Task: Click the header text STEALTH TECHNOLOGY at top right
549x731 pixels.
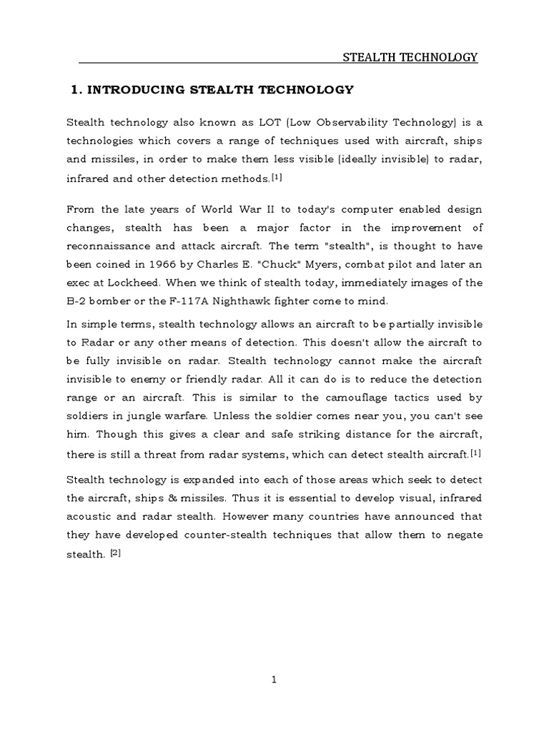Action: (x=411, y=57)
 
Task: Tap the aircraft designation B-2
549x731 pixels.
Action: (x=76, y=301)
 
